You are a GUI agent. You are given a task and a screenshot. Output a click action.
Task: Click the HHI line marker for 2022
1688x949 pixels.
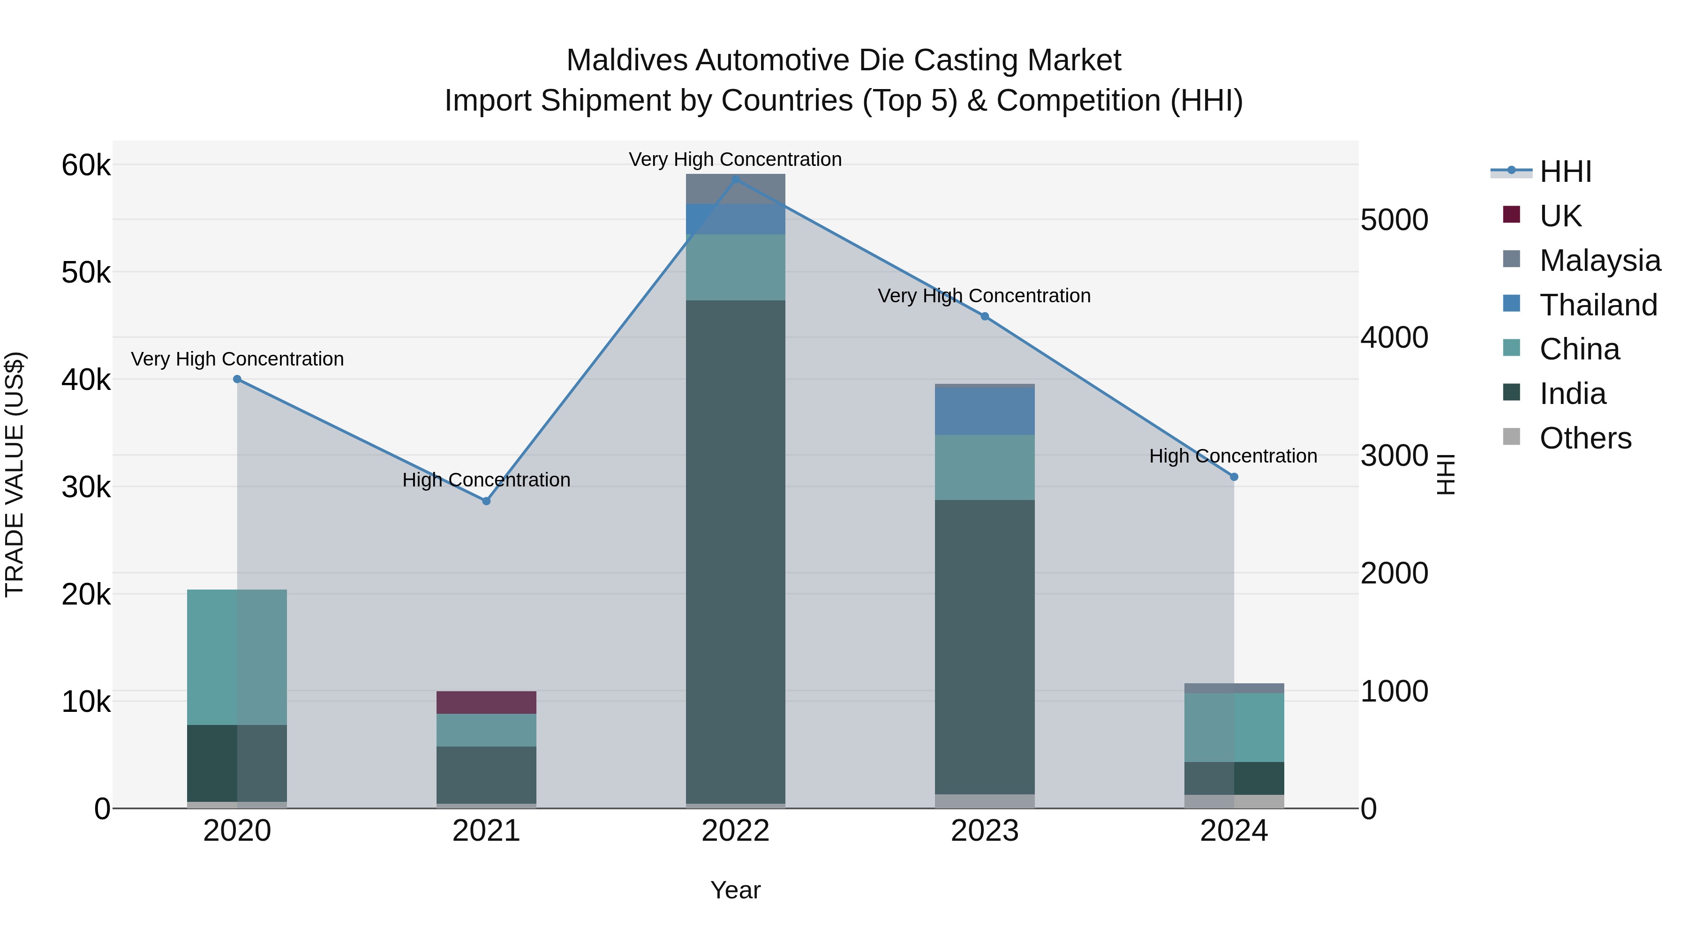pyautogui.click(x=735, y=179)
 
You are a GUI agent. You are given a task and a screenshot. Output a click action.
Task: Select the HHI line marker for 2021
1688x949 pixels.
pyautogui.click(x=486, y=501)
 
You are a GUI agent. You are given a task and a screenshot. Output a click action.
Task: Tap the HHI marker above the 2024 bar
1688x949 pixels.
pyautogui.click(x=1234, y=477)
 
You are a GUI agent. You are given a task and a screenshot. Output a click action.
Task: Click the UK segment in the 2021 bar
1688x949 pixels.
pyautogui.click(x=486, y=702)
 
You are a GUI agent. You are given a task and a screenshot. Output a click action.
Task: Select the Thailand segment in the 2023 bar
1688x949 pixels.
pyautogui.click(x=984, y=411)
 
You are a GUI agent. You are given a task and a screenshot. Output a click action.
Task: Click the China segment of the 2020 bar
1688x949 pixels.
pyautogui.click(x=237, y=657)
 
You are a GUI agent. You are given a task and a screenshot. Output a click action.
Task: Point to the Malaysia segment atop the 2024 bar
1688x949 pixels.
pyautogui.click(x=1234, y=687)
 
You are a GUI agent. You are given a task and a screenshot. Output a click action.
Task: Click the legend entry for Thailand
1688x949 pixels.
pyautogui.click(x=1598, y=305)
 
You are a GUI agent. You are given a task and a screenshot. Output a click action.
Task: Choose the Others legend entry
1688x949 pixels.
pyautogui.click(x=1584, y=438)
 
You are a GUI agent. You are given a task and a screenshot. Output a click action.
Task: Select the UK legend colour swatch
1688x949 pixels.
pyautogui.click(x=1511, y=215)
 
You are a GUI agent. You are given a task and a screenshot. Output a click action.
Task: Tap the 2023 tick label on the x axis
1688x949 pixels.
pyautogui.click(x=984, y=831)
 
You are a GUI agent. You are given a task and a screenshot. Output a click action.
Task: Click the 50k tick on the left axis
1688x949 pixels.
pyautogui.click(x=86, y=272)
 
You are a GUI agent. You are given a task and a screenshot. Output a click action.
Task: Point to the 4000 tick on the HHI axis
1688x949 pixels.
pyautogui.click(x=1394, y=338)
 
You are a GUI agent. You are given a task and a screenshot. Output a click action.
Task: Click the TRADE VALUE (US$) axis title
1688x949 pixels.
pyautogui.click(x=15, y=474)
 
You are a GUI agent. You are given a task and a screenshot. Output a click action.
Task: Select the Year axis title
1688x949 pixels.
pyautogui.click(x=735, y=890)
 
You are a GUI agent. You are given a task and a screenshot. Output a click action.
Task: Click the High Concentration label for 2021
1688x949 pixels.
pyautogui.click(x=486, y=480)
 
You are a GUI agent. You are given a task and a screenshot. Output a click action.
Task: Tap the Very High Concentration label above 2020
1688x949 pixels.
pyautogui.click(x=237, y=359)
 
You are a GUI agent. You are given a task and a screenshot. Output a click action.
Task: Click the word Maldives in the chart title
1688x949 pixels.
pyautogui.click(x=627, y=60)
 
